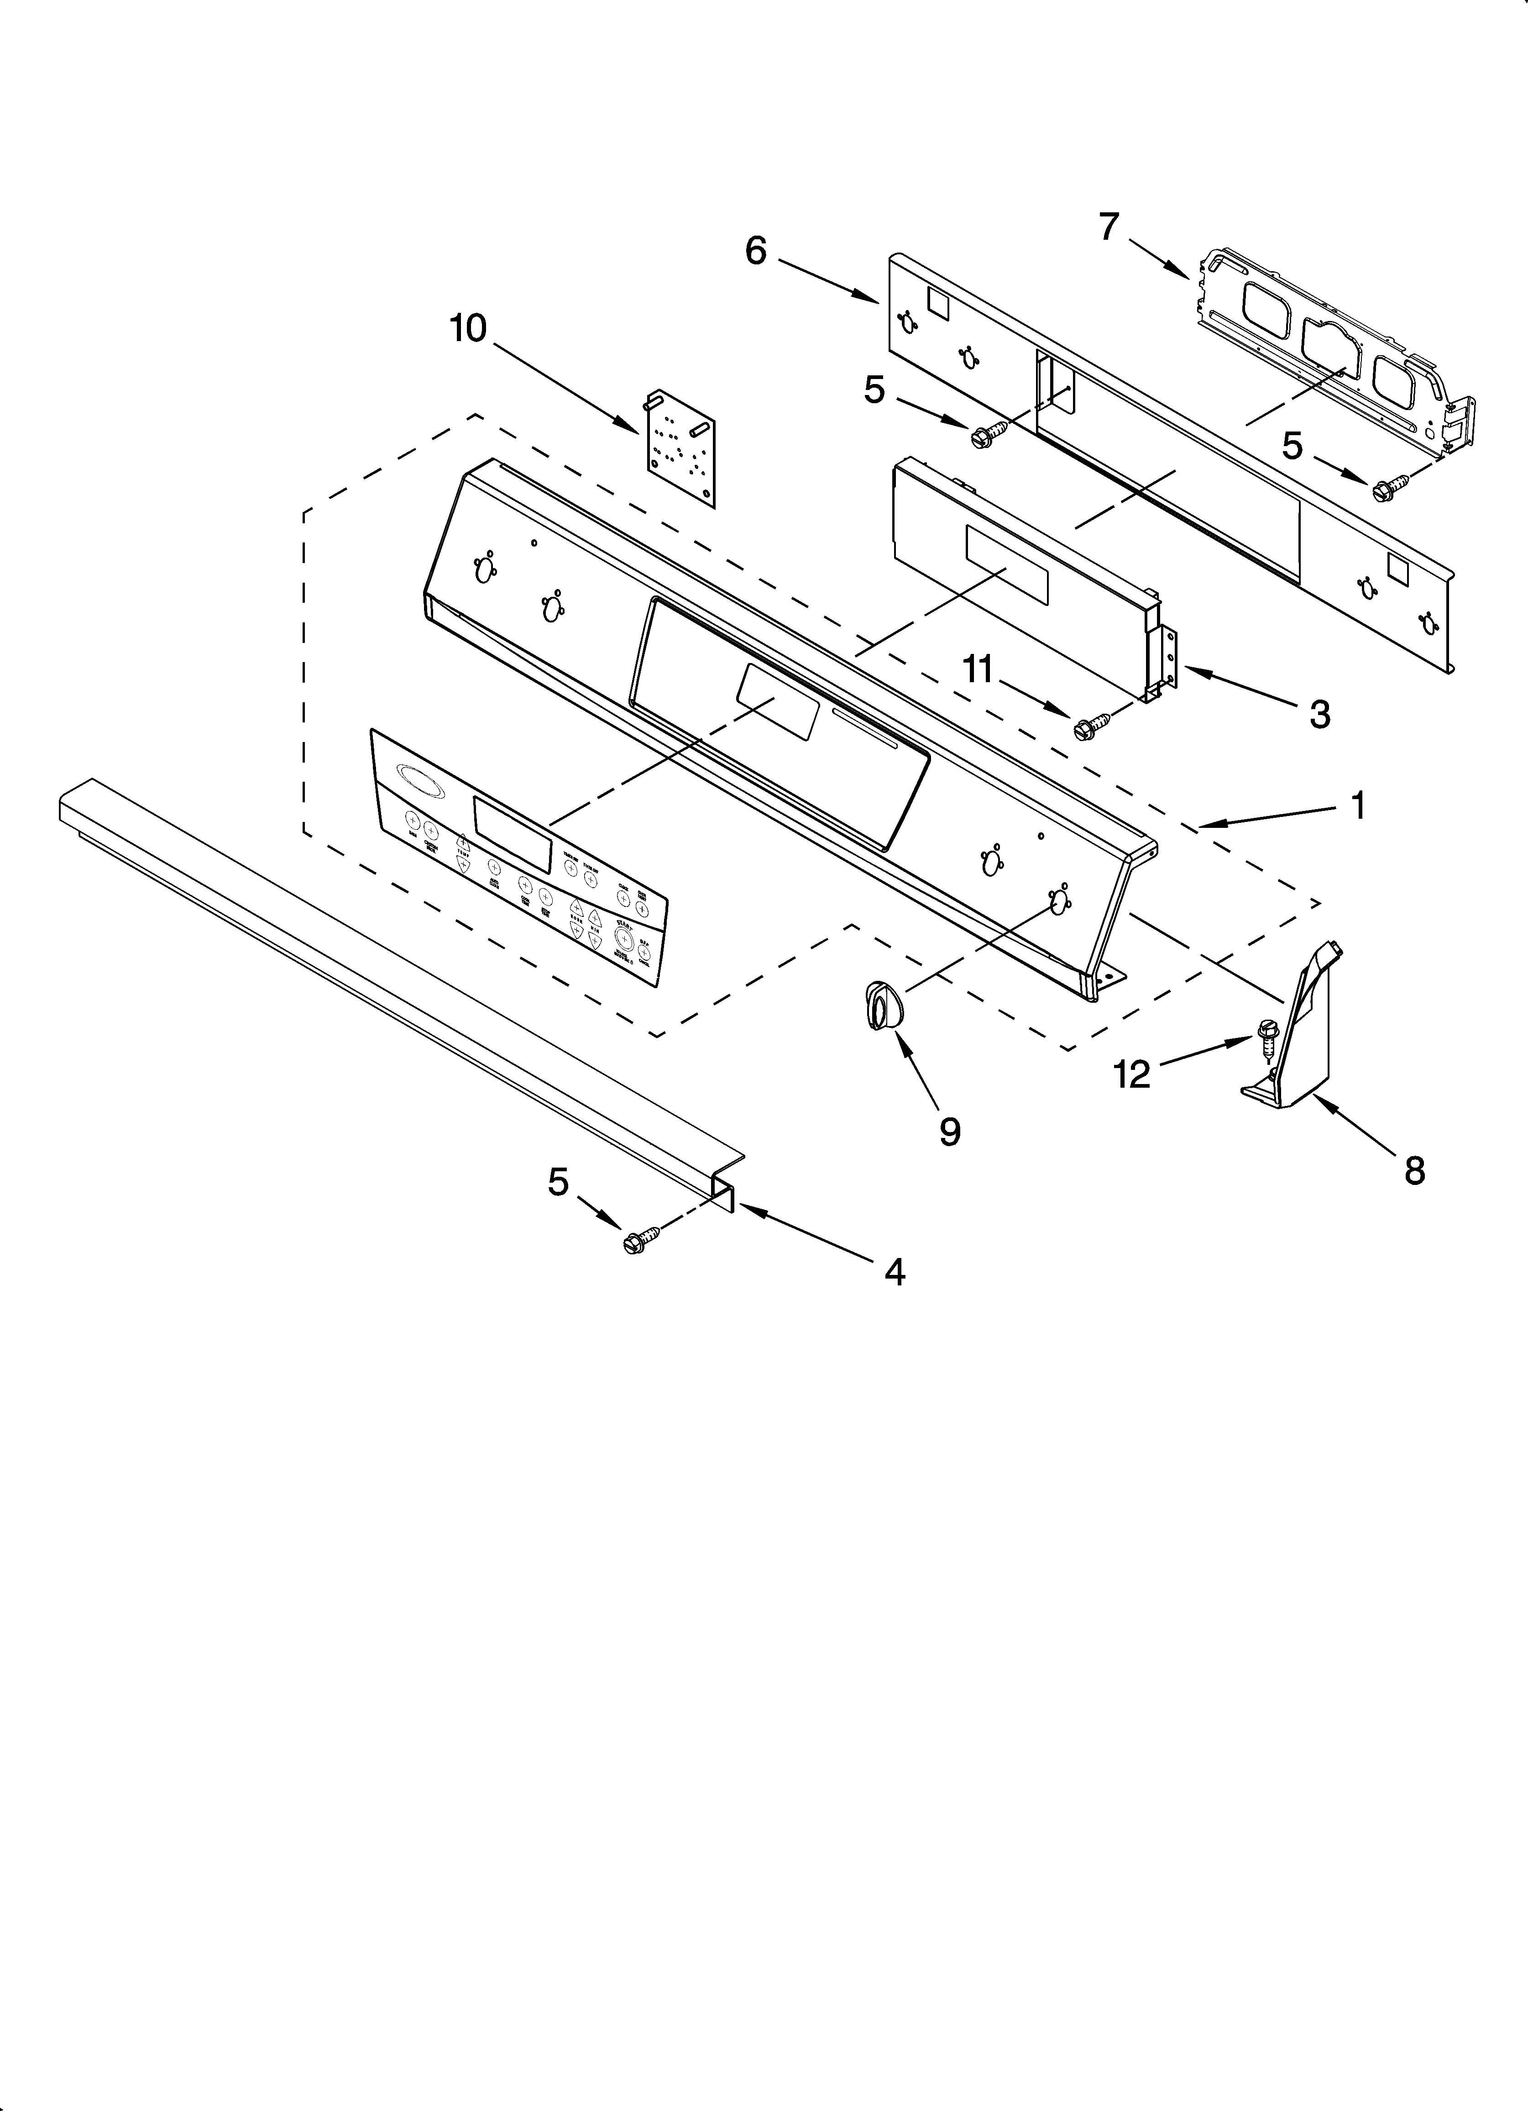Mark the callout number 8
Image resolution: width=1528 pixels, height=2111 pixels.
click(x=1414, y=1171)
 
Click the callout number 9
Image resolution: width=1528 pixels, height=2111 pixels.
click(x=949, y=1132)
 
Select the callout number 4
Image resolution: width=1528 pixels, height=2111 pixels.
click(x=894, y=1271)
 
